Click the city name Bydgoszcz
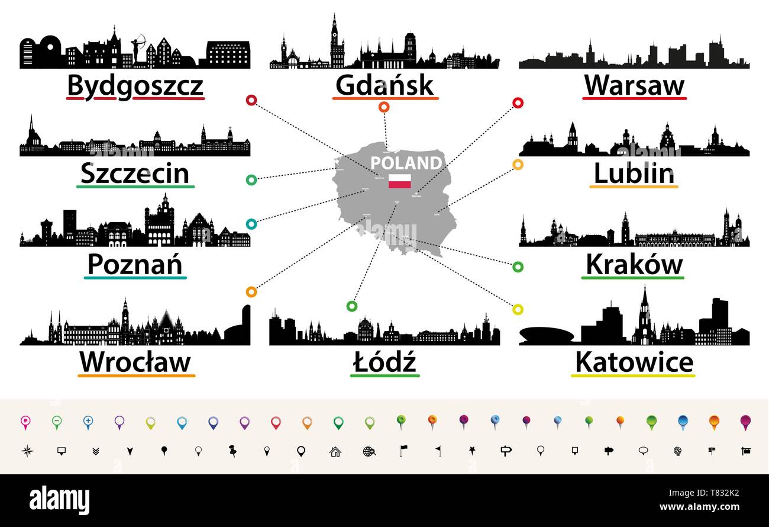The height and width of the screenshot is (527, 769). click(135, 86)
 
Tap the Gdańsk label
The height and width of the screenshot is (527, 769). click(384, 86)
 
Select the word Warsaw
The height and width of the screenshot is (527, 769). click(634, 86)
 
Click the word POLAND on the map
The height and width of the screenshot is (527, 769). click(406, 163)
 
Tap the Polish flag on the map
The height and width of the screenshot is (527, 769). click(400, 181)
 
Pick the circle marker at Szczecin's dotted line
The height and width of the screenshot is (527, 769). click(251, 179)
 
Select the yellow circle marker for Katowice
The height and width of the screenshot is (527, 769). click(518, 309)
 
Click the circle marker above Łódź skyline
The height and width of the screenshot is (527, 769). click(352, 306)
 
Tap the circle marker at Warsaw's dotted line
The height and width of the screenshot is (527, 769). click(518, 103)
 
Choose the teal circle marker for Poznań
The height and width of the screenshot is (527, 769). click(251, 224)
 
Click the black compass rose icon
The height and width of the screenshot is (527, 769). click(27, 451)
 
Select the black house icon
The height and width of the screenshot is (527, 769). click(335, 451)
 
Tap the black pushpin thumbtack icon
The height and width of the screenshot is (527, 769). click(232, 451)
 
